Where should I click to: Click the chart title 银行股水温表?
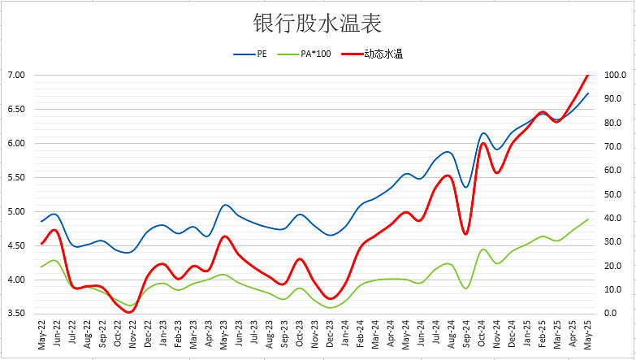click(x=317, y=23)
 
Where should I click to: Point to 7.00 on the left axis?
click(x=16, y=75)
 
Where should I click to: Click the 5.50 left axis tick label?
click(x=16, y=177)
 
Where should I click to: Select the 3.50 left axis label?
click(x=16, y=314)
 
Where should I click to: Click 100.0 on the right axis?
click(x=614, y=75)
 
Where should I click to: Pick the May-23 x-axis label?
click(x=224, y=335)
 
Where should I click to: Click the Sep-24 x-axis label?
click(x=465, y=335)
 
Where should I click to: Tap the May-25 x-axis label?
click(x=586, y=335)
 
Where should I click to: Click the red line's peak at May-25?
click(x=587, y=75)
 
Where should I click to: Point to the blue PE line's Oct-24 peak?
click(x=483, y=133)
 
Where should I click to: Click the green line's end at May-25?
click(x=587, y=219)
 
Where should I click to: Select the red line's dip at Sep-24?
click(x=465, y=234)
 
